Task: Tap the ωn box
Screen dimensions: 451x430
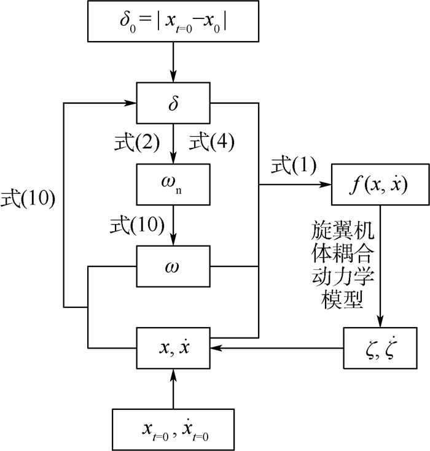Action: point(174,184)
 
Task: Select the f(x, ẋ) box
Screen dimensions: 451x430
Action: point(380,184)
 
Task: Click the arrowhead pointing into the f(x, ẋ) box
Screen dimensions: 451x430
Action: point(326,184)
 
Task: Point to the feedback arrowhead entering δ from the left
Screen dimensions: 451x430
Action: point(132,102)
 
